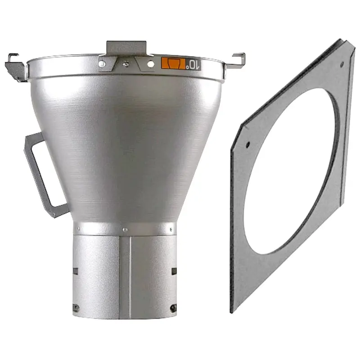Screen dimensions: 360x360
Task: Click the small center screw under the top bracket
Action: pyautogui.click(x=126, y=63)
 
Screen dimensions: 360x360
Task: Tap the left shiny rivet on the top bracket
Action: pyautogui.click(x=103, y=64)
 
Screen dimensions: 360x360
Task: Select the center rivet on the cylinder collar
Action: pyautogui.click(x=126, y=230)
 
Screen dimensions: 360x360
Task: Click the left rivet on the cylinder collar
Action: pyautogui.click(x=79, y=229)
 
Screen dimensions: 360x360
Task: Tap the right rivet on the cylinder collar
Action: pyautogui.click(x=171, y=229)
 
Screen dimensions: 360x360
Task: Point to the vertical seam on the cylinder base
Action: pyautogui.click(x=130, y=274)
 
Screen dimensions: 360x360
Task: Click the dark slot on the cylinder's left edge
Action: pyautogui.click(x=75, y=271)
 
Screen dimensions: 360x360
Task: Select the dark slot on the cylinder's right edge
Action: pyautogui.click(x=174, y=271)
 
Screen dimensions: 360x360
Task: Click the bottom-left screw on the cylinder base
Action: pyautogui.click(x=76, y=308)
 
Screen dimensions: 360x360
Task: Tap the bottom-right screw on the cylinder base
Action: pyautogui.click(x=173, y=307)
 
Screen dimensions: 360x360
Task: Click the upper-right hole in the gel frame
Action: pyautogui.click(x=342, y=65)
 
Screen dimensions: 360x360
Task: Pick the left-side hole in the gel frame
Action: pyautogui.click(x=247, y=145)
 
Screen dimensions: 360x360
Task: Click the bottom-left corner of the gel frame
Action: pyautogui.click(x=231, y=310)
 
